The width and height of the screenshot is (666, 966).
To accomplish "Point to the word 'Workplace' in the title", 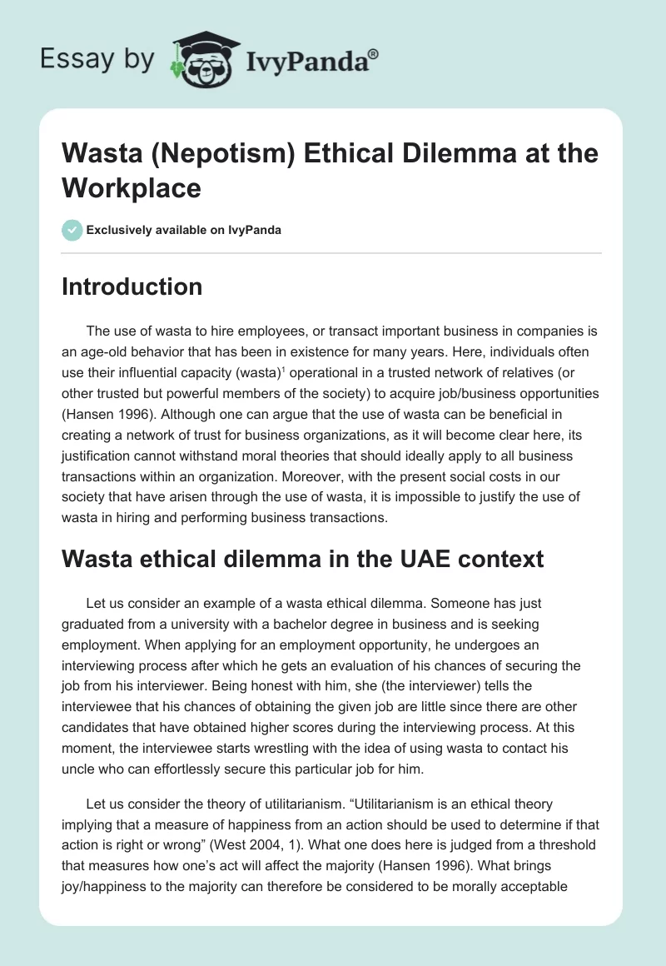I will [132, 187].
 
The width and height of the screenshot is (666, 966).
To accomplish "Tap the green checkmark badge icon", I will [72, 230].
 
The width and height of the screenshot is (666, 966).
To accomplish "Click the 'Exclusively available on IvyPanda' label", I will [183, 230].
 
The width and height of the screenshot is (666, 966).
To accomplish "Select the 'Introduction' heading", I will [132, 286].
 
